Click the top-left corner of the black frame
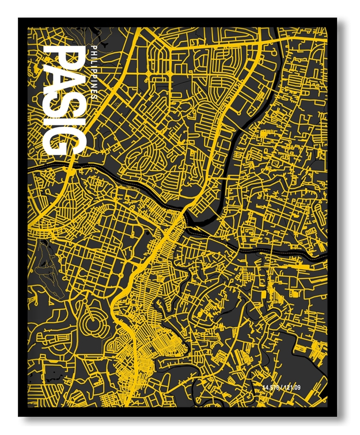tap(19, 19)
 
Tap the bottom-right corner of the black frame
tap(338, 415)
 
